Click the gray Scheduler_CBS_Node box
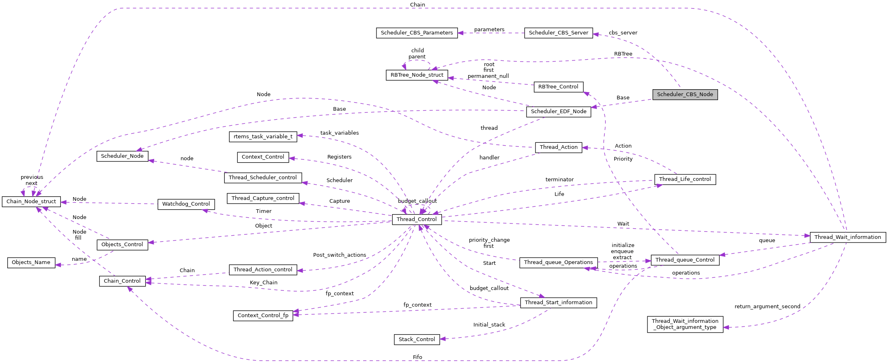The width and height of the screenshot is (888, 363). click(685, 95)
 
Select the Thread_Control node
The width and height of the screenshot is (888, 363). click(417, 219)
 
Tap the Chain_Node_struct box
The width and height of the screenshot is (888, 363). click(31, 202)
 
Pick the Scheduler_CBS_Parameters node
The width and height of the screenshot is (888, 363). click(417, 33)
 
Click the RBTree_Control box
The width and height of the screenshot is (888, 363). click(558, 87)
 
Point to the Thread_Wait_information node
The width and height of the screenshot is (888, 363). click(847, 237)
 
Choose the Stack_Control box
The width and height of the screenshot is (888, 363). click(417, 339)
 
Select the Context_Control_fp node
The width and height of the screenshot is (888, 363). click(263, 316)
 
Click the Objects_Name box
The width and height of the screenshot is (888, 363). click(31, 262)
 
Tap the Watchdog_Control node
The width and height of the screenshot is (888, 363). click(186, 204)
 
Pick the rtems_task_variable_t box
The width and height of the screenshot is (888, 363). click(263, 137)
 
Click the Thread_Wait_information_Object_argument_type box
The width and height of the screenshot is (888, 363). click(685, 324)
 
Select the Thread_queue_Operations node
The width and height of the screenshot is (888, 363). click(558, 262)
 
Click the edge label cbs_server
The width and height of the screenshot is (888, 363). click(623, 33)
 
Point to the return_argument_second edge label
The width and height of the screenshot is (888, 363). click(767, 307)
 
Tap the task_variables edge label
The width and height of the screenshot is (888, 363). click(340, 133)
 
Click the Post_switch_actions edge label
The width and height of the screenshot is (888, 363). click(340, 255)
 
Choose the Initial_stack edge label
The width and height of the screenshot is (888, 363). click(489, 325)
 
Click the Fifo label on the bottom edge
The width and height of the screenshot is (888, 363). click(417, 357)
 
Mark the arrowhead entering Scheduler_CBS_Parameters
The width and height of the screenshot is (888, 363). click(461, 33)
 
